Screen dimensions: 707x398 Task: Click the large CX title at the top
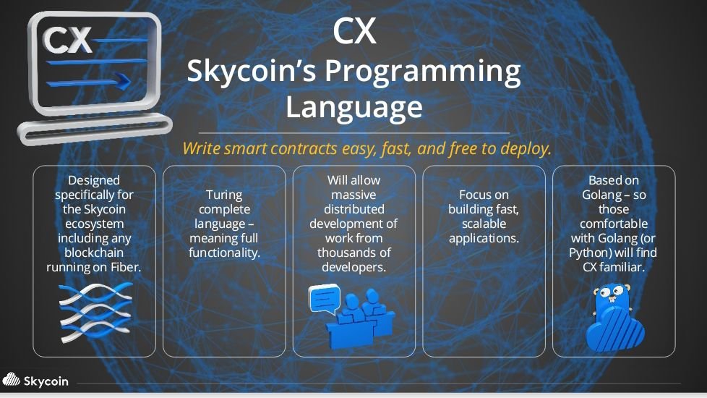click(x=354, y=32)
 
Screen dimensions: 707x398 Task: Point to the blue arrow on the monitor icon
click(x=88, y=82)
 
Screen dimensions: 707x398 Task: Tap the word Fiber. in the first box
click(x=126, y=267)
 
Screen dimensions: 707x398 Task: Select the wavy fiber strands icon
click(x=95, y=311)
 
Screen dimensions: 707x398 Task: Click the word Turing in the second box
click(x=224, y=195)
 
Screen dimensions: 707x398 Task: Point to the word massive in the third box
click(x=353, y=195)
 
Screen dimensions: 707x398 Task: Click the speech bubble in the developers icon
click(x=324, y=299)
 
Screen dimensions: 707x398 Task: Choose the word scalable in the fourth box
click(x=484, y=224)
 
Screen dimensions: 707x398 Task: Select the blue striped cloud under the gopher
click(x=615, y=331)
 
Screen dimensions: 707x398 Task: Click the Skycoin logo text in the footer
click(x=46, y=381)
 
